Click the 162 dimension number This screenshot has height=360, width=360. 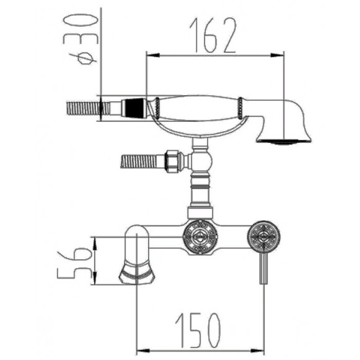coord(213,35)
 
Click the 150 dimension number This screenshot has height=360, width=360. coord(198,330)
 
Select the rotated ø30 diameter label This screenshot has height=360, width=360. coord(80,40)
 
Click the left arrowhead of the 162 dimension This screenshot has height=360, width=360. coord(153,56)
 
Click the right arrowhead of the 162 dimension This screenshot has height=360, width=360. coord(278,56)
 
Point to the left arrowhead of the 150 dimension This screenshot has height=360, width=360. coord(143,351)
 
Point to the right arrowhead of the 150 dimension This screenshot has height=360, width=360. coord(258,351)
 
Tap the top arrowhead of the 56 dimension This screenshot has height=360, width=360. coord(95,244)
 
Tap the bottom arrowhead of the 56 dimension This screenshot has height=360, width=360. coord(95,278)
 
